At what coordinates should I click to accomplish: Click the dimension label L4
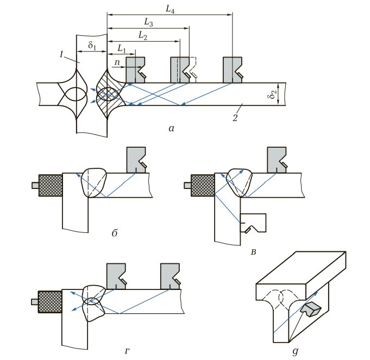170,9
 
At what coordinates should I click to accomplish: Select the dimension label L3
148,22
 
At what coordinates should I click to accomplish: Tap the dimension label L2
143,36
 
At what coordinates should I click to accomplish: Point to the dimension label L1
122,49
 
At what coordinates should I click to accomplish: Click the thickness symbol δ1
92,45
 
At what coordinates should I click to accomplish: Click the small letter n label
117,62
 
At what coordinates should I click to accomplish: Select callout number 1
61,54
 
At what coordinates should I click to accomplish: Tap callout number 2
235,118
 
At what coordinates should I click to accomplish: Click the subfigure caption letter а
171,129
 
